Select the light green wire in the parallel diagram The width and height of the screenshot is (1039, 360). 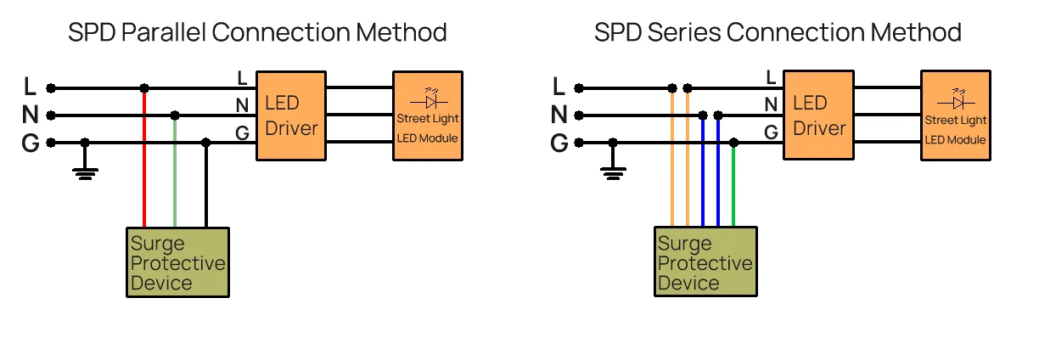pos(175,174)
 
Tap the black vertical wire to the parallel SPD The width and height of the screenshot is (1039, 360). pos(205,187)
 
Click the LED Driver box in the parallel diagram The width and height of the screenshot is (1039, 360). pos(290,115)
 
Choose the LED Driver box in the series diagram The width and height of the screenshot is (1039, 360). pos(818,115)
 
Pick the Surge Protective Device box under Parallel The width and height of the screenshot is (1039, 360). pos(178,262)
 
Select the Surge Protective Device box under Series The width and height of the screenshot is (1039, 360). pos(706,262)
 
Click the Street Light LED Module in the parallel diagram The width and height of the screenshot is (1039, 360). pos(428,115)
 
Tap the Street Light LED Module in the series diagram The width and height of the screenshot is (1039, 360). pos(956,115)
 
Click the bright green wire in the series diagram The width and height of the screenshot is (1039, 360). pos(733,187)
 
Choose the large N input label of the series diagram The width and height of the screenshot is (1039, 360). pos(559,115)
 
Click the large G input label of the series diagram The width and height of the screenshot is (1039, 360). pos(559,143)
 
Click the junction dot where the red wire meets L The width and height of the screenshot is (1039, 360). pos(144,87)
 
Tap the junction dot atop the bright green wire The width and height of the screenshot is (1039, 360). pos(733,143)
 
